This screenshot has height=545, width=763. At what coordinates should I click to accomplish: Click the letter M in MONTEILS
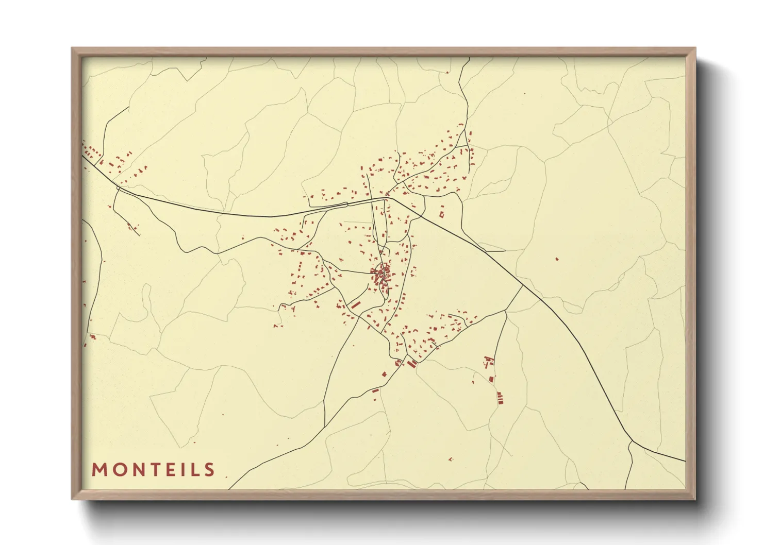[x=99, y=469]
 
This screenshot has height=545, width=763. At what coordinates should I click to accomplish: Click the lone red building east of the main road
[x=557, y=259]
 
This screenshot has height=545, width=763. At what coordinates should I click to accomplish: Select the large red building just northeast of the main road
[x=441, y=213]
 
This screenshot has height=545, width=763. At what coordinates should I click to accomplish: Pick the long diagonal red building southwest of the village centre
[x=355, y=305]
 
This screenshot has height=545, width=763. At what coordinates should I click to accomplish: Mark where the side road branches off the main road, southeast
[x=522, y=286]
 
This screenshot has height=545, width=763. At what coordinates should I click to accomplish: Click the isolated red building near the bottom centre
[x=450, y=458]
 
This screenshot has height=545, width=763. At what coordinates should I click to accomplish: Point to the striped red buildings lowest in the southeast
[x=499, y=397]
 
